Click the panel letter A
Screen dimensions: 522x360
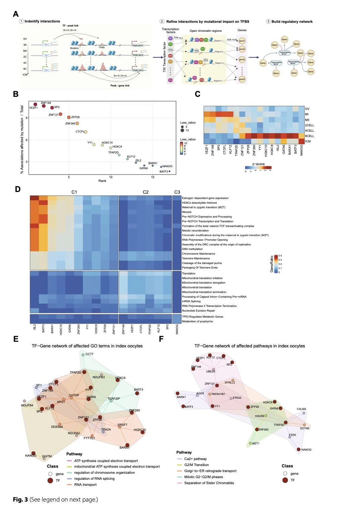16,14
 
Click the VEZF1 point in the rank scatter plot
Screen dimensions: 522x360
35,104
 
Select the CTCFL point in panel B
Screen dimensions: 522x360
85,132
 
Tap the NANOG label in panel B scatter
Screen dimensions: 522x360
167,166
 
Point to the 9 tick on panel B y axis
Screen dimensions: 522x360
27,118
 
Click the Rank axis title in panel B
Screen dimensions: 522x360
102,181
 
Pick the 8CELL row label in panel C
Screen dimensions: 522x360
309,136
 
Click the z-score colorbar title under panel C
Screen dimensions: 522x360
258,164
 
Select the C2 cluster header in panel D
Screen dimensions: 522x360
145,192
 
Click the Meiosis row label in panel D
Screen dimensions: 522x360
187,212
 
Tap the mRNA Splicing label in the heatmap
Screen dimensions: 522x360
191,302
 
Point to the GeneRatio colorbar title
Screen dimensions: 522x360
272,264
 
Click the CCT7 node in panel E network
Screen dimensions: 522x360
83,354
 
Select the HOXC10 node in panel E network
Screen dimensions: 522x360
143,432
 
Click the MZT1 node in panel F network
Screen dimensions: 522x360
250,444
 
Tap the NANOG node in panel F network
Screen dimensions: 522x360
299,449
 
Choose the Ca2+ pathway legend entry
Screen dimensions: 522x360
195,459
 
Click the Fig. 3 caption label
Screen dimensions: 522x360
20,500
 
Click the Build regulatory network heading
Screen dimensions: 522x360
292,22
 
